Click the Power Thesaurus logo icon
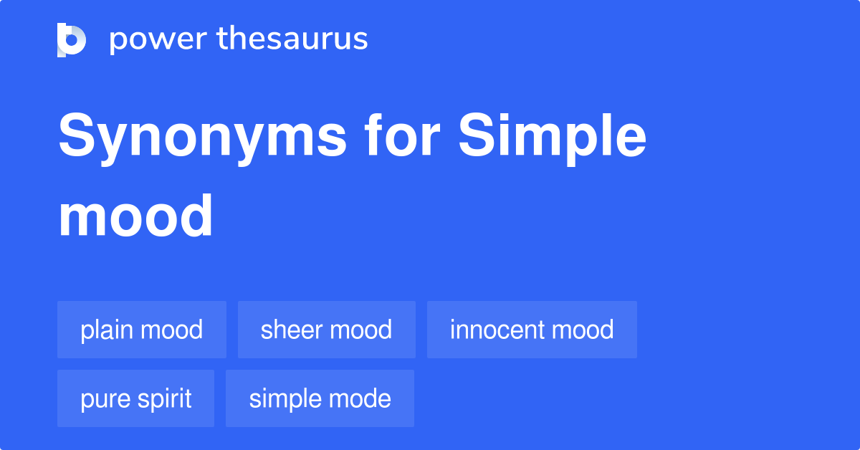pos(72,39)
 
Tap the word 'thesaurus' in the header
pos(292,39)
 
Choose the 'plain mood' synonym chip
pos(142,330)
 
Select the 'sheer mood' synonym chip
pos(327,330)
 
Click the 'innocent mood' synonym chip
pos(532,330)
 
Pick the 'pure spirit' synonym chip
pos(136,398)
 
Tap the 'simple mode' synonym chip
pos(320,398)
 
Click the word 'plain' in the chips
pos(107,330)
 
